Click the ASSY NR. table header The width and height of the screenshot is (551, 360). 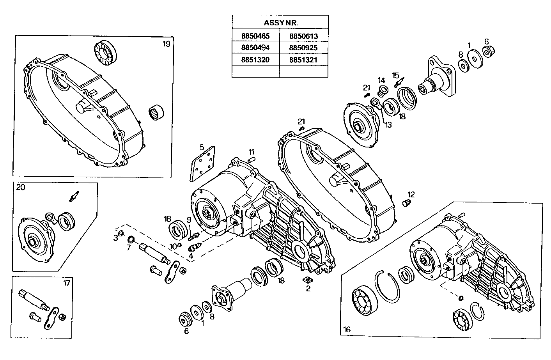pos(280,23)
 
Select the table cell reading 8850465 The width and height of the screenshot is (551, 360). pos(255,36)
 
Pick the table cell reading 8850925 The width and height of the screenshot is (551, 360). pos(303,48)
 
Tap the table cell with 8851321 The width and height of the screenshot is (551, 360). pos(303,60)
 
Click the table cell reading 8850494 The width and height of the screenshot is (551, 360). pos(255,48)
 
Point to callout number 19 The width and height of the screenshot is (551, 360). pos(167,44)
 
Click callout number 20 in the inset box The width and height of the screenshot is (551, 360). pos(21,187)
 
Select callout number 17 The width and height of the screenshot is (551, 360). pos(67,283)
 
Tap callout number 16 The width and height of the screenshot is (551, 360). pos(347,329)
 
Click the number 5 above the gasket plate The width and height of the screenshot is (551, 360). pos(202,147)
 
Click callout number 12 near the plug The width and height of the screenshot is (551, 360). pos(411,194)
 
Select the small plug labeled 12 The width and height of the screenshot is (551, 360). pos(406,203)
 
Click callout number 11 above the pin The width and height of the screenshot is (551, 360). pos(252,151)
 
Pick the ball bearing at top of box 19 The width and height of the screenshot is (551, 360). pos(105,52)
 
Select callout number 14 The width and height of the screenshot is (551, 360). pos(381,80)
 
